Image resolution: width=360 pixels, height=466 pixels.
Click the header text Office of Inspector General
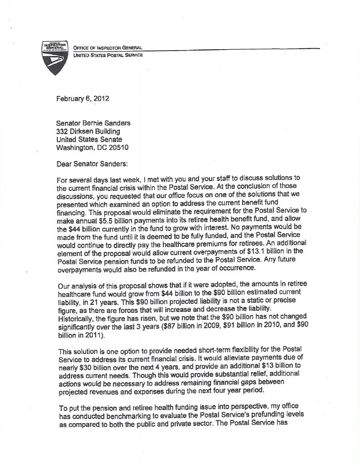coord(105,48)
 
